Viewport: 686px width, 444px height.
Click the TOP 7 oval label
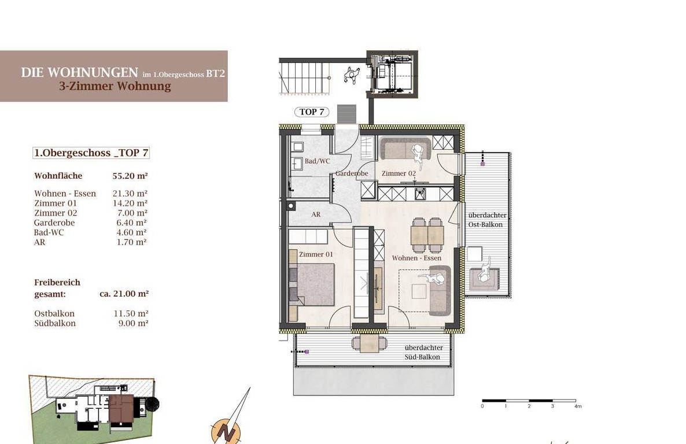(x=312, y=112)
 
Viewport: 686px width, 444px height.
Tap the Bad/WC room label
(x=317, y=161)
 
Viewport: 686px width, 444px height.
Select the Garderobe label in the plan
(x=351, y=173)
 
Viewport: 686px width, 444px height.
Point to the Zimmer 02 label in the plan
(x=399, y=173)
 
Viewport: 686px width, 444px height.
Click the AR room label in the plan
(x=316, y=214)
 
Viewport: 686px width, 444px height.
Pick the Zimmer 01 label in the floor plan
(x=316, y=254)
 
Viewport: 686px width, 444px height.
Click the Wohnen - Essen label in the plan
(x=416, y=258)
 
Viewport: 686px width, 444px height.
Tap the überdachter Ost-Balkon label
(x=487, y=220)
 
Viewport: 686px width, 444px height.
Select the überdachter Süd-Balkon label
(x=423, y=352)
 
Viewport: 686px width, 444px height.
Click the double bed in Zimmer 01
(x=312, y=284)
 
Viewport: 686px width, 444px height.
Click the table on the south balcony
(x=370, y=343)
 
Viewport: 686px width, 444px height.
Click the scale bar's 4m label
(x=578, y=406)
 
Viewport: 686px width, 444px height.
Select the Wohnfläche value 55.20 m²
(x=130, y=176)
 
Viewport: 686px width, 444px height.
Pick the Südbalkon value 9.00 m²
(x=134, y=323)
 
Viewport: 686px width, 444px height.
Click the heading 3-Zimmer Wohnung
(x=115, y=86)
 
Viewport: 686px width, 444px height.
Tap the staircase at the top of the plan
(x=304, y=78)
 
